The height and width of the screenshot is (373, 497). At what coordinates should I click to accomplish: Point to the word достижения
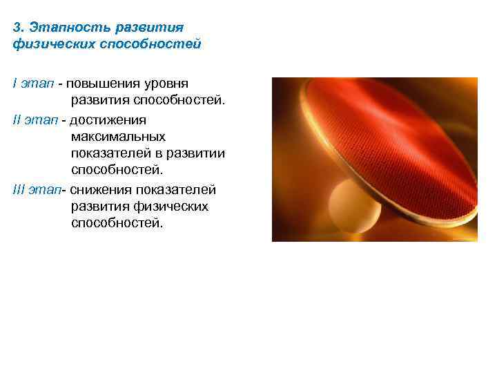pos(106,119)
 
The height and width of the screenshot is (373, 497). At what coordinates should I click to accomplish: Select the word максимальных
pos(118,137)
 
